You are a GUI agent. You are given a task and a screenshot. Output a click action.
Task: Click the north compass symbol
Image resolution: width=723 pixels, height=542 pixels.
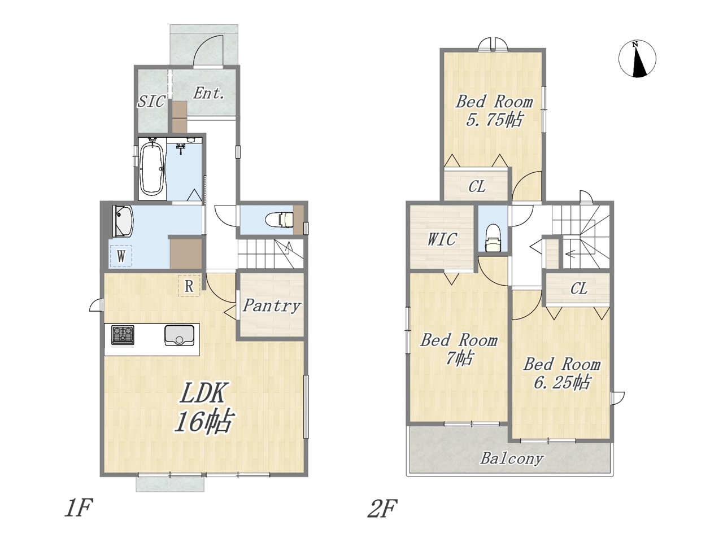637,59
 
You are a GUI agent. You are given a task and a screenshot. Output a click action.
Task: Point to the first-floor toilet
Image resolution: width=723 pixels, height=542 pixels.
280,220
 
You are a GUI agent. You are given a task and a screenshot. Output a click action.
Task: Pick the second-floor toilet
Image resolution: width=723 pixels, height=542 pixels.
493,237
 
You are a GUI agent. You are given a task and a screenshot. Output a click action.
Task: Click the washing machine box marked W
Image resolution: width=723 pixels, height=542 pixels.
121,256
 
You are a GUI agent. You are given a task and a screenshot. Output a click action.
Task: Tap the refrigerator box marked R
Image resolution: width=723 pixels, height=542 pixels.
189,286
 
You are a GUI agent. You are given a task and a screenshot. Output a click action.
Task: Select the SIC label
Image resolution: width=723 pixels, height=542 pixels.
150,102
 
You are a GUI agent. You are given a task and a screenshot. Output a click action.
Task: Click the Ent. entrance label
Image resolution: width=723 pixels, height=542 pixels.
209,93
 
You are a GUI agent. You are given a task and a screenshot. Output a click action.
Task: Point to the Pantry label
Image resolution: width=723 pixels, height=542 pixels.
271,305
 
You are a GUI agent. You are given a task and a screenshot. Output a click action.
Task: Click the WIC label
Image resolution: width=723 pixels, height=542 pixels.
442,239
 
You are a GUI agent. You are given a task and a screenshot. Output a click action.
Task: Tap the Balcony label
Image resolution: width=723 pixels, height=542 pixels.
511,458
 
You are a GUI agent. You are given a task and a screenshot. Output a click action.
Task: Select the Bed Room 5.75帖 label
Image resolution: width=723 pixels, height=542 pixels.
494,111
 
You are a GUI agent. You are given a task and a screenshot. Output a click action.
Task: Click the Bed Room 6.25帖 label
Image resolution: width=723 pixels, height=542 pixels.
562,373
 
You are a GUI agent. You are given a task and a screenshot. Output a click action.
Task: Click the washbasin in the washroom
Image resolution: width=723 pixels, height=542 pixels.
123,221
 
